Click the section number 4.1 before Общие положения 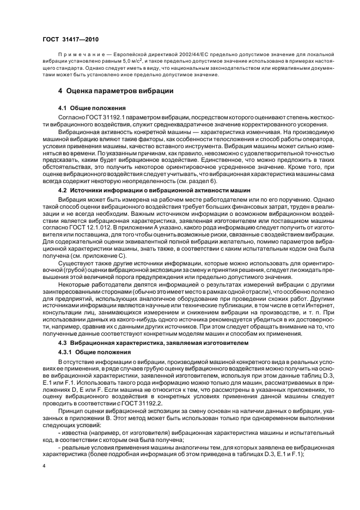pos(62,108)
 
